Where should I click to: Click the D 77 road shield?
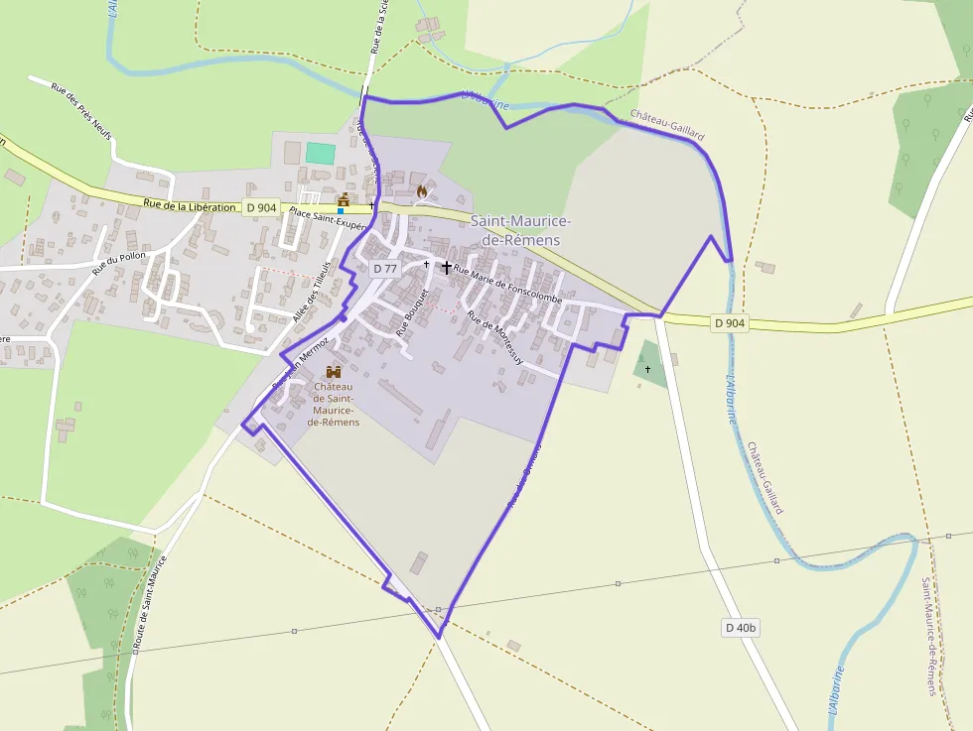coord(385,269)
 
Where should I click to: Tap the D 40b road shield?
coord(741,627)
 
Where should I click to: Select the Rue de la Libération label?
coord(190,205)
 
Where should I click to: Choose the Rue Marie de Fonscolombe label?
coord(507,286)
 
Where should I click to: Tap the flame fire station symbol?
coord(422,189)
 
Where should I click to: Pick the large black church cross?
coord(446,267)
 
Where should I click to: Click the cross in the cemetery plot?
coord(647,369)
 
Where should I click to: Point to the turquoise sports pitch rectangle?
coord(320,153)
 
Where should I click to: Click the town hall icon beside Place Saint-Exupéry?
coord(344,200)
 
